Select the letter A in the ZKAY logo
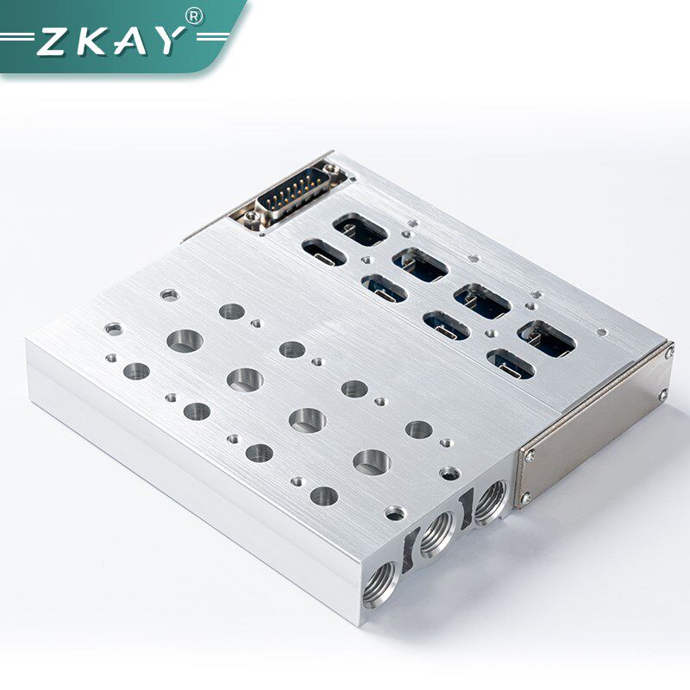pyautogui.click(x=131, y=41)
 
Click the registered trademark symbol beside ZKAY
pyautogui.click(x=194, y=16)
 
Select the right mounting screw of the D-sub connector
pyautogui.click(x=332, y=168)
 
